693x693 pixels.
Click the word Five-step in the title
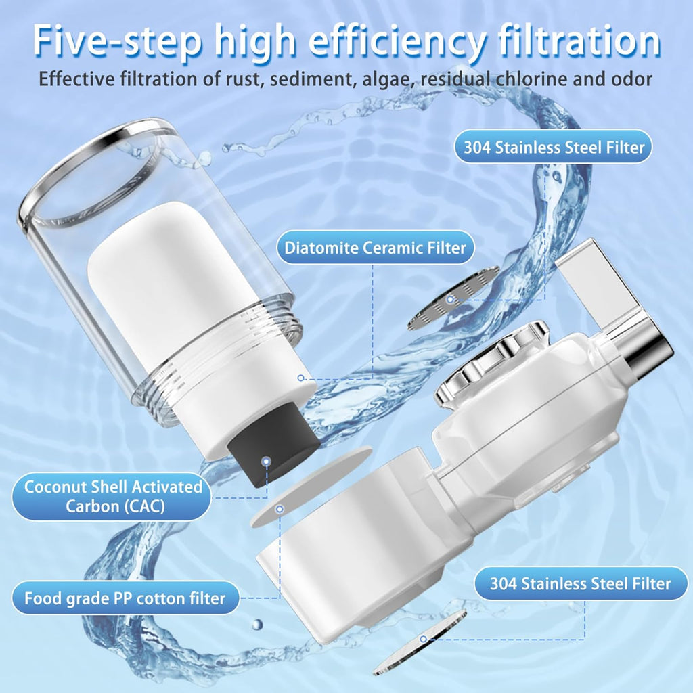coord(116,41)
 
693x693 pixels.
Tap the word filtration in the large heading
coord(579,40)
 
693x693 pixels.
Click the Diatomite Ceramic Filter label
coord(375,248)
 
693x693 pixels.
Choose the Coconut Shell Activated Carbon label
coord(113,496)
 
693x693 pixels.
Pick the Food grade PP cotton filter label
coord(125,598)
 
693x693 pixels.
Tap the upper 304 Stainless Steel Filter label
coord(554,147)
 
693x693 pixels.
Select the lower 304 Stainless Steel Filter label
coord(580,583)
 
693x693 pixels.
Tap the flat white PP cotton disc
coord(311,486)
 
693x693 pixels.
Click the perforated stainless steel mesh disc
coord(453,298)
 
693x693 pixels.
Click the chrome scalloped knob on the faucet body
coord(491,363)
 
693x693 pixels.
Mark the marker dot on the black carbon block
coord(265,461)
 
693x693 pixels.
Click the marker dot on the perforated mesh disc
coord(450,299)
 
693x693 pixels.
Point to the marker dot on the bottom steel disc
coord(424,639)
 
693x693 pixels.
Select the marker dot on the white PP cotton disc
coord(280,509)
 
